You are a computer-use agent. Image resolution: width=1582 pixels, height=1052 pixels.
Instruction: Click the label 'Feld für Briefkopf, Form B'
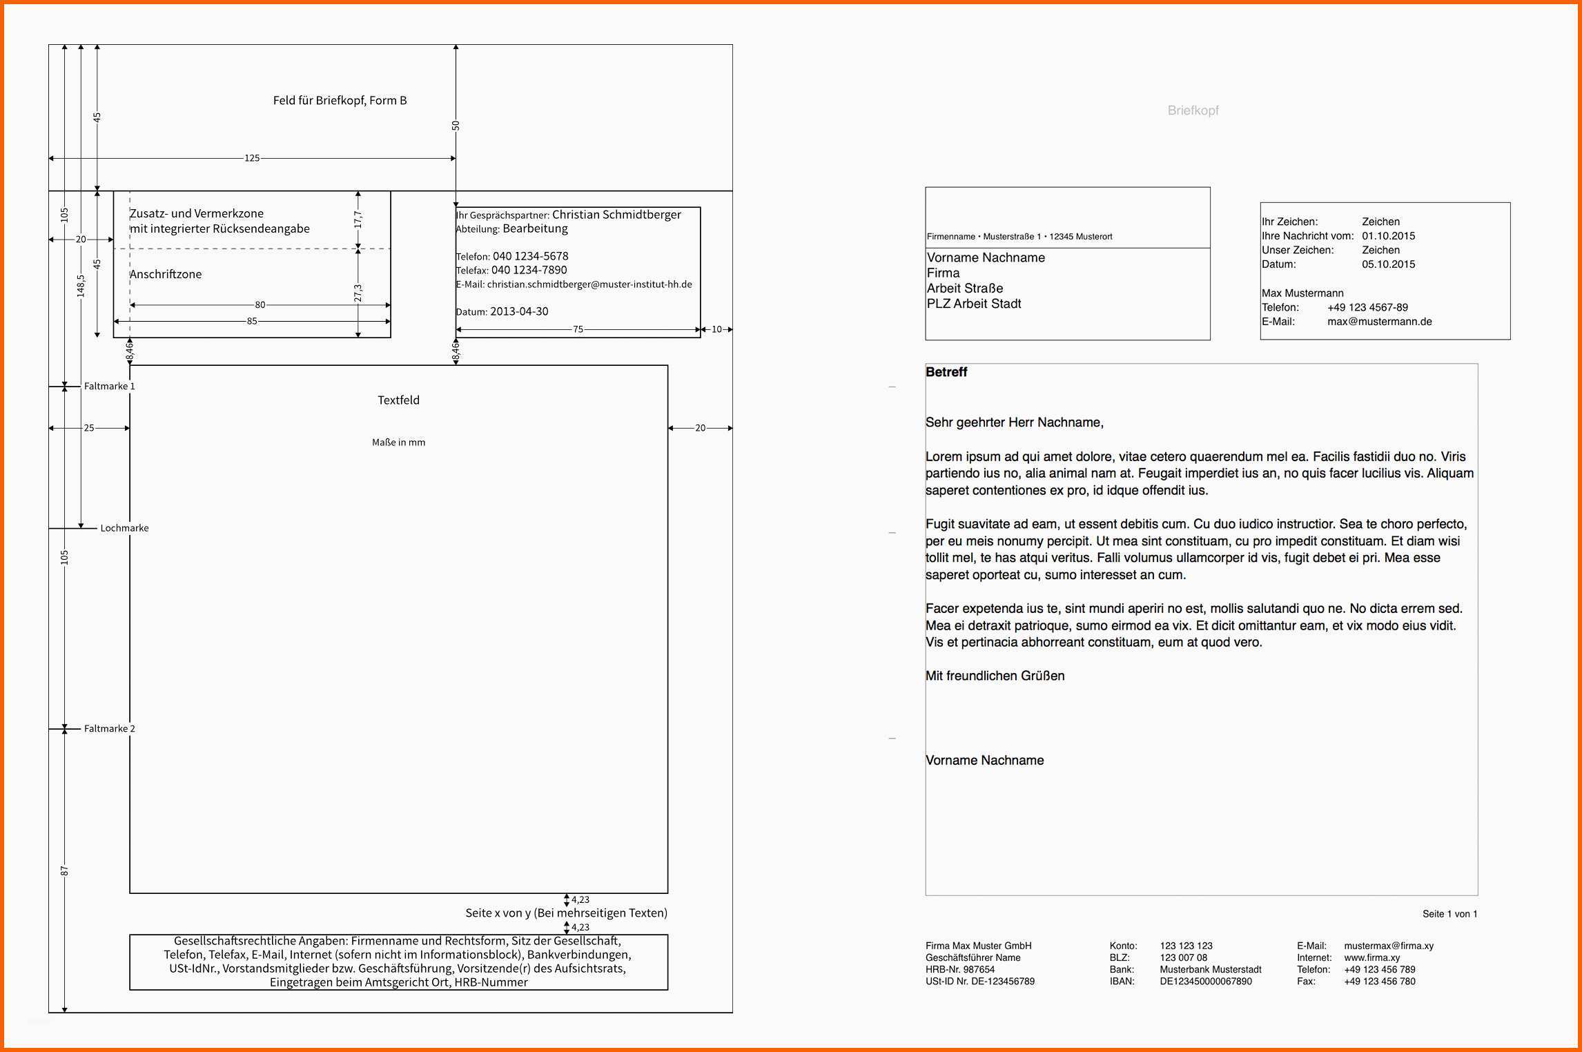click(x=340, y=101)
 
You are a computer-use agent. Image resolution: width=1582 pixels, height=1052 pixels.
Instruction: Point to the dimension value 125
click(x=252, y=158)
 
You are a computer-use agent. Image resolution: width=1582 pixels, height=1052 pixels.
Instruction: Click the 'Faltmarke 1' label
click(x=109, y=387)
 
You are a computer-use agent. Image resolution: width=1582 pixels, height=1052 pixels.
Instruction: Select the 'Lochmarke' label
click(x=124, y=528)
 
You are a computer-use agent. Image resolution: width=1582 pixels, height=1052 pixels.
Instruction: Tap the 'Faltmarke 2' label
click(x=109, y=729)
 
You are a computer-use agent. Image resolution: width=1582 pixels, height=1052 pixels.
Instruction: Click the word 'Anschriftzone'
click(x=166, y=274)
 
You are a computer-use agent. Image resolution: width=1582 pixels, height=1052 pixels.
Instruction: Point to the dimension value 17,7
click(x=358, y=220)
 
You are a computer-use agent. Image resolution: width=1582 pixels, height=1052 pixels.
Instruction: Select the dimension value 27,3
click(x=358, y=293)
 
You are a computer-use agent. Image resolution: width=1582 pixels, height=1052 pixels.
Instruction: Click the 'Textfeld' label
click(x=398, y=400)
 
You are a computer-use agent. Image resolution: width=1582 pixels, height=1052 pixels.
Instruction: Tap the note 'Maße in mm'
click(x=398, y=442)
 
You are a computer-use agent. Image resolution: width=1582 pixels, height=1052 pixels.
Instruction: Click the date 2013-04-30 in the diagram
click(x=519, y=311)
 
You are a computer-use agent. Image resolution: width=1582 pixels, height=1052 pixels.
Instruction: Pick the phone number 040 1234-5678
click(x=530, y=256)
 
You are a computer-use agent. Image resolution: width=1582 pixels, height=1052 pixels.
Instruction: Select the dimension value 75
click(x=578, y=329)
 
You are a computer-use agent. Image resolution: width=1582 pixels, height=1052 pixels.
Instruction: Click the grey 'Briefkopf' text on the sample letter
click(x=1193, y=110)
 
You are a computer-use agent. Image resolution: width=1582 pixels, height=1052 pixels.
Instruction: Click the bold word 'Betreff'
click(x=946, y=372)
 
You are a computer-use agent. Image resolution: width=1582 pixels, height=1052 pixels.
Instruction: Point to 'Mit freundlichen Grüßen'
click(x=995, y=676)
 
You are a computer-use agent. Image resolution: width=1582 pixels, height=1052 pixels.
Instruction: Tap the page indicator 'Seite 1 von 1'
click(x=1449, y=914)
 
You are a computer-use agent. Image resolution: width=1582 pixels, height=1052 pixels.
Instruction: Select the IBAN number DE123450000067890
click(x=1205, y=982)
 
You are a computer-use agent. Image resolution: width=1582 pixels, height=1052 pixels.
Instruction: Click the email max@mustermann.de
click(x=1379, y=322)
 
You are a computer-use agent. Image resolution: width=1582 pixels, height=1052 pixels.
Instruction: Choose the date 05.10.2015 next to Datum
click(x=1388, y=264)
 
